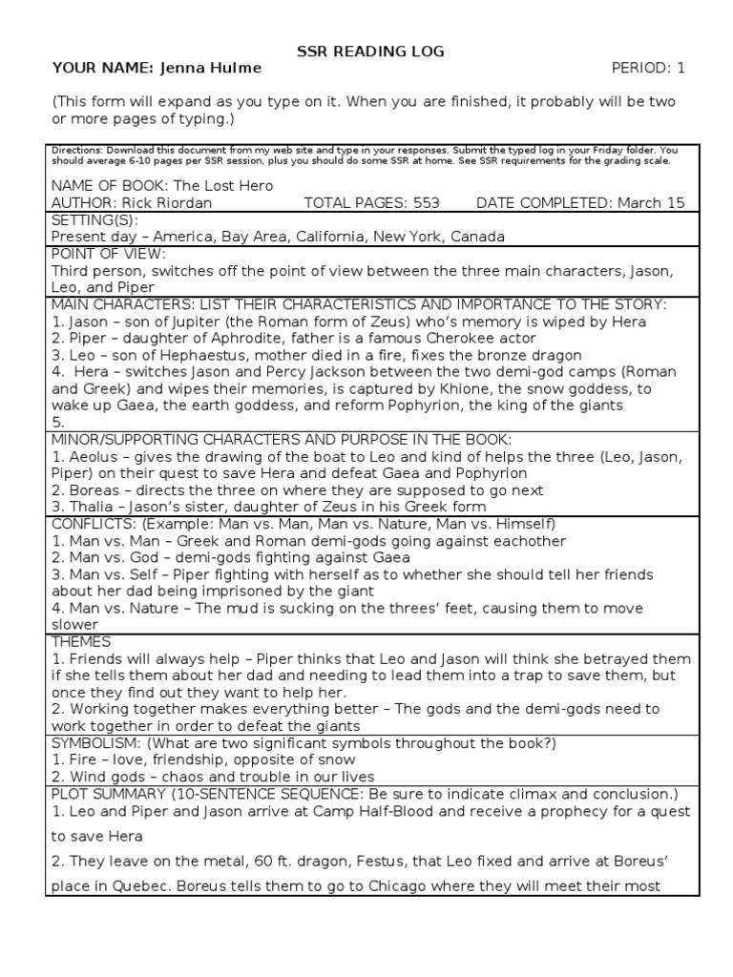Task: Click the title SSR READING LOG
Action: (366, 52)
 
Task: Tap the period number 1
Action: (681, 69)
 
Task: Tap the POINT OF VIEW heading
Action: (108, 254)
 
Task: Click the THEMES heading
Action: (81, 642)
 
